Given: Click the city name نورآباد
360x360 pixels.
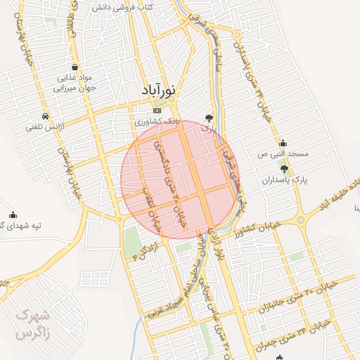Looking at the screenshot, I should coord(159,91).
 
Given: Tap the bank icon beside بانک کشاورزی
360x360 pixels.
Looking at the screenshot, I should coord(157,110).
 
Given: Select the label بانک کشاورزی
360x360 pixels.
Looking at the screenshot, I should coord(158,122).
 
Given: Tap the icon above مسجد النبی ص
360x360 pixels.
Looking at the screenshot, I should coord(283,143).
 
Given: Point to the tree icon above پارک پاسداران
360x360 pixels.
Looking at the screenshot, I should coord(284,169).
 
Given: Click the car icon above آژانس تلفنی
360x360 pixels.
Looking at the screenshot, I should coord(45,116).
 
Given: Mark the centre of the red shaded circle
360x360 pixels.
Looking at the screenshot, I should coord(180,179).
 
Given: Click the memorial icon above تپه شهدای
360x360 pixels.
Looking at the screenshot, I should coord(13,215).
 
